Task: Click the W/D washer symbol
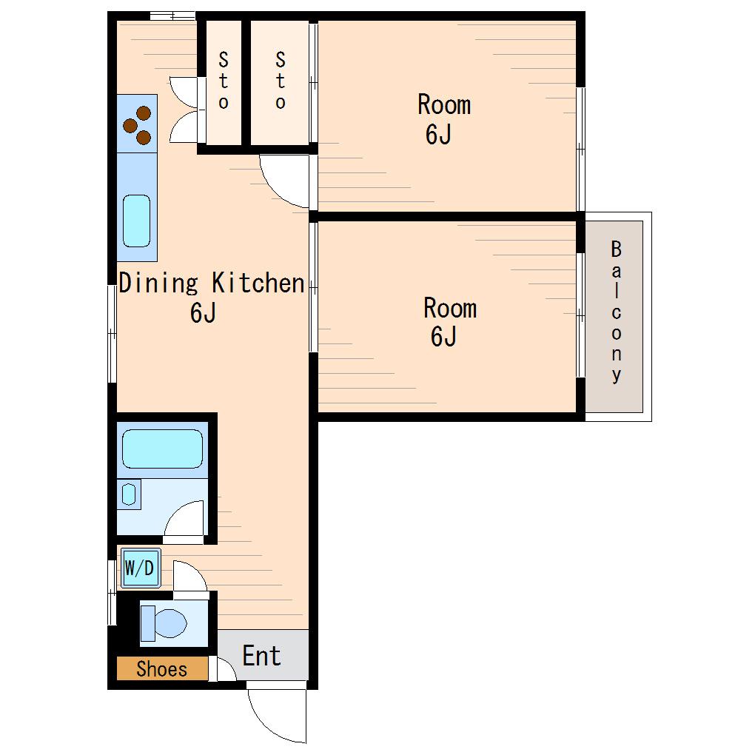(x=140, y=568)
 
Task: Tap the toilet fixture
(x=164, y=623)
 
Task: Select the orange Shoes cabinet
(x=162, y=669)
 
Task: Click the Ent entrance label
(x=261, y=655)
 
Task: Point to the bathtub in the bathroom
(x=162, y=449)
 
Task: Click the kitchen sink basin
(x=137, y=221)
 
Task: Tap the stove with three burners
(x=137, y=124)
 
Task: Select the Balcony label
(x=617, y=312)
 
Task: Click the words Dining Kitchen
(x=212, y=283)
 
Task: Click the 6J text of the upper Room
(x=438, y=134)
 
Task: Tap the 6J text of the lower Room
(x=443, y=337)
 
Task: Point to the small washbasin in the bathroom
(x=129, y=494)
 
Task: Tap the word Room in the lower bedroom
(x=450, y=308)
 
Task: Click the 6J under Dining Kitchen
(x=203, y=313)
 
